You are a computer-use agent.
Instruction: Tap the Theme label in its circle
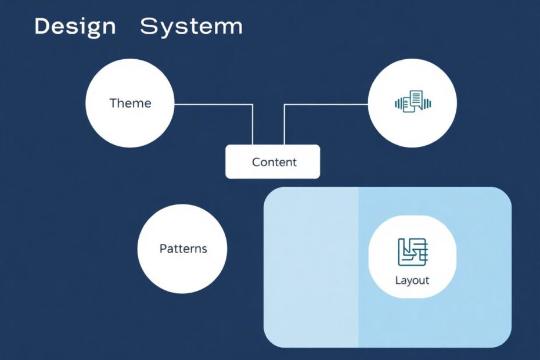click(130, 103)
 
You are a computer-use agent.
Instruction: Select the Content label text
click(274, 162)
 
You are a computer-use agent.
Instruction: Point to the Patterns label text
click(183, 249)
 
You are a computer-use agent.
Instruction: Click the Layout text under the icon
click(412, 280)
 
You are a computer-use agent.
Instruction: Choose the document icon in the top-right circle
click(413, 102)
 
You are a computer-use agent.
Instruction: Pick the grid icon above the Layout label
click(413, 252)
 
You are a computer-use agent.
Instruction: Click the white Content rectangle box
click(273, 161)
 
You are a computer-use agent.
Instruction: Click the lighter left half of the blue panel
click(311, 267)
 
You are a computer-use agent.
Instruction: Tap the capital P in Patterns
click(163, 249)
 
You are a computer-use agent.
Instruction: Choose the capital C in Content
click(256, 162)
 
